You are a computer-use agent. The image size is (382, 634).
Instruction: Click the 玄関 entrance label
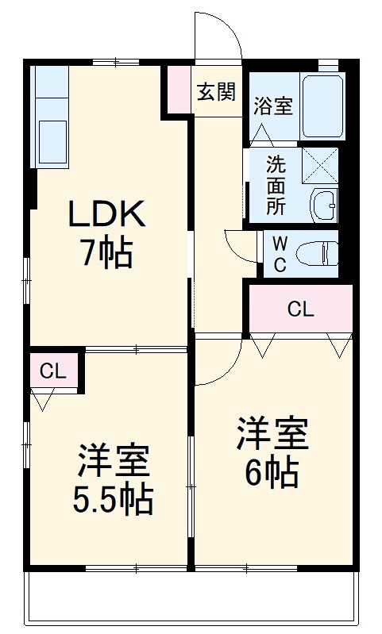click(x=216, y=92)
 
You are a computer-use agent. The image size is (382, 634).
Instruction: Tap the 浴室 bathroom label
click(x=273, y=107)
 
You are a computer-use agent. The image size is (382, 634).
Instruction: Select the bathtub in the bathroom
click(x=322, y=106)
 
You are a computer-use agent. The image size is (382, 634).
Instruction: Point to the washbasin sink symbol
click(x=324, y=206)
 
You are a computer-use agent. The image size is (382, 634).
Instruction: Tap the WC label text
click(x=280, y=254)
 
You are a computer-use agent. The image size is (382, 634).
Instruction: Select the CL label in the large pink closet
click(x=300, y=309)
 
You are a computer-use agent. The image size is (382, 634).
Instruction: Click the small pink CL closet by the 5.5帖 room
click(x=53, y=370)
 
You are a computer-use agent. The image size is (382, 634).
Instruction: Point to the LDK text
click(x=106, y=214)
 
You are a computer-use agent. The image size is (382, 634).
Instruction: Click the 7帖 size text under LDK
click(x=106, y=253)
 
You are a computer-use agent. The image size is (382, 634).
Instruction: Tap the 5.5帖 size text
click(x=114, y=499)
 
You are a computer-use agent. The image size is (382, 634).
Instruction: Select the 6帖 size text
click(x=271, y=474)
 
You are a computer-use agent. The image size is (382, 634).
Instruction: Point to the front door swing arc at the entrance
click(x=220, y=36)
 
